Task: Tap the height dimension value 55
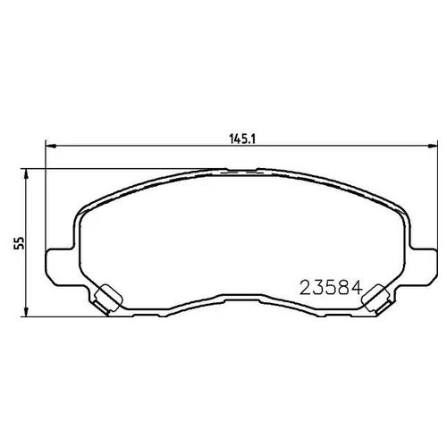[x=17, y=243]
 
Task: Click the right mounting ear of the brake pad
[x=419, y=259]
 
